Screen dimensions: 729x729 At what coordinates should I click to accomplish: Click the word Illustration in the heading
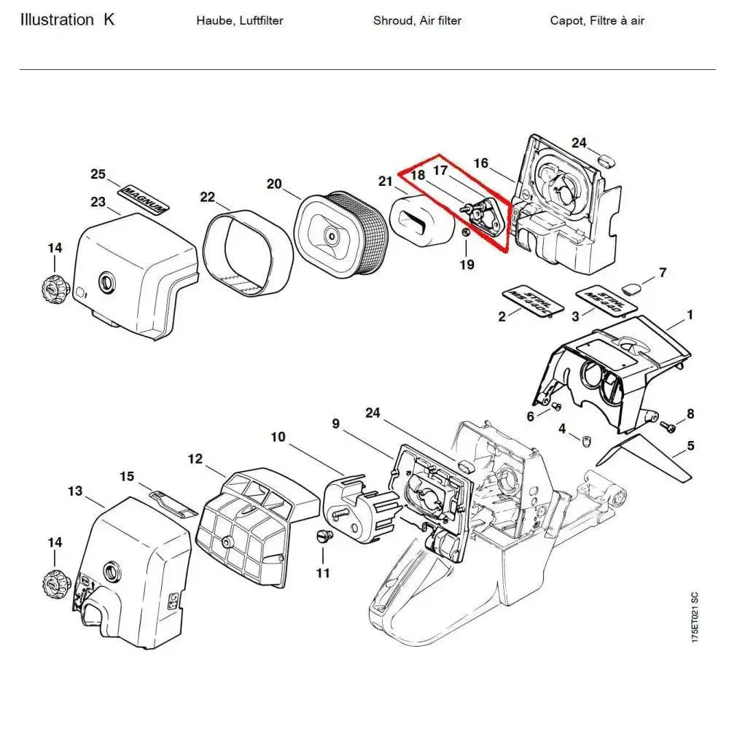point(57,20)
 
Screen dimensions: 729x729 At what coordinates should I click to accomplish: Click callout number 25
point(98,174)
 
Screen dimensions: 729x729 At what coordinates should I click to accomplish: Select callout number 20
point(274,184)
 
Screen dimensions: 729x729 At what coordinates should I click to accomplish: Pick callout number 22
point(208,197)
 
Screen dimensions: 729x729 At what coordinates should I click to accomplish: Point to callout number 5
point(690,445)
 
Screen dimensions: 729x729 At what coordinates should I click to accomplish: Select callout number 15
point(127,477)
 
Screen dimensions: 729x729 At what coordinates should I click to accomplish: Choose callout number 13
point(75,491)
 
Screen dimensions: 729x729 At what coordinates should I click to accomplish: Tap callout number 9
point(336,423)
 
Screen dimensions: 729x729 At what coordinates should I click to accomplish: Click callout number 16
point(481,163)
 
